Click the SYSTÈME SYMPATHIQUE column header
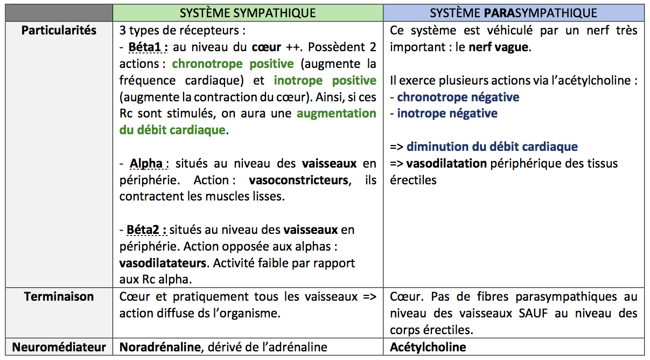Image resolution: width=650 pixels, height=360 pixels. pos(248,12)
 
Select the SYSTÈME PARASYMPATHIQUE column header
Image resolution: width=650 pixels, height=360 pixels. pos(513,12)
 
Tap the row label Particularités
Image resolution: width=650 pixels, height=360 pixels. pos(59,30)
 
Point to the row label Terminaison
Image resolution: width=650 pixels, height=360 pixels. pos(59,296)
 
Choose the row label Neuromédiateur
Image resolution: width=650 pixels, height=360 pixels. pos(59,347)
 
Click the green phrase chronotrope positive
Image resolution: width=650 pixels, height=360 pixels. pos(233,64)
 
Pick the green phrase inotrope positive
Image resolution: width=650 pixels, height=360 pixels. pos(325,81)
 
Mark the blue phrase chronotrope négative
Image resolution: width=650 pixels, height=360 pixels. pos(458,97)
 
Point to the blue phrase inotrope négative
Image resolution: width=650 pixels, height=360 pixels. pos(447,114)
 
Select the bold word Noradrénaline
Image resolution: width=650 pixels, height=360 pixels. pos(159,347)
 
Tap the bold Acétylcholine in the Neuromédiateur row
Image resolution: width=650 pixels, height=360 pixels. pos(428,347)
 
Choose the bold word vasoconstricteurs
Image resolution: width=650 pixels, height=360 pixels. pos(298,180)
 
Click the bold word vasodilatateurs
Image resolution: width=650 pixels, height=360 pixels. pos(163,264)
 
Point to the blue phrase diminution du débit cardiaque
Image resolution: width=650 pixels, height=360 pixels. pos(492,147)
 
